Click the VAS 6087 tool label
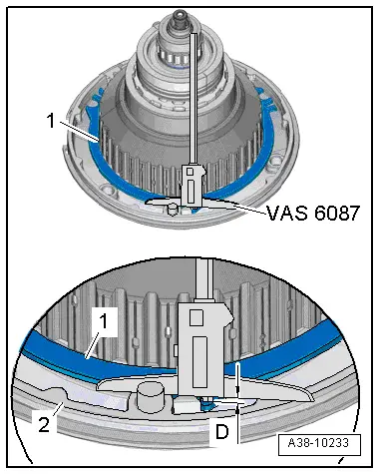tap(313, 213)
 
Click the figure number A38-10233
tap(318, 443)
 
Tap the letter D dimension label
tap(222, 432)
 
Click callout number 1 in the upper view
tap(51, 121)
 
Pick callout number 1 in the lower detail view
tap(104, 321)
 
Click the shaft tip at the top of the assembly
tap(180, 14)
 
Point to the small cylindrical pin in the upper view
tap(172, 210)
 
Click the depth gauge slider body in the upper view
tap(191, 185)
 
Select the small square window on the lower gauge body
tap(196, 317)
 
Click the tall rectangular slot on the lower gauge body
tap(200, 361)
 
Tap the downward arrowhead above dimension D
tap(238, 391)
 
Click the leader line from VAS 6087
tap(236, 206)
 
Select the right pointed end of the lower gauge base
tap(313, 398)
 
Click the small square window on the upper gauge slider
tap(190, 172)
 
